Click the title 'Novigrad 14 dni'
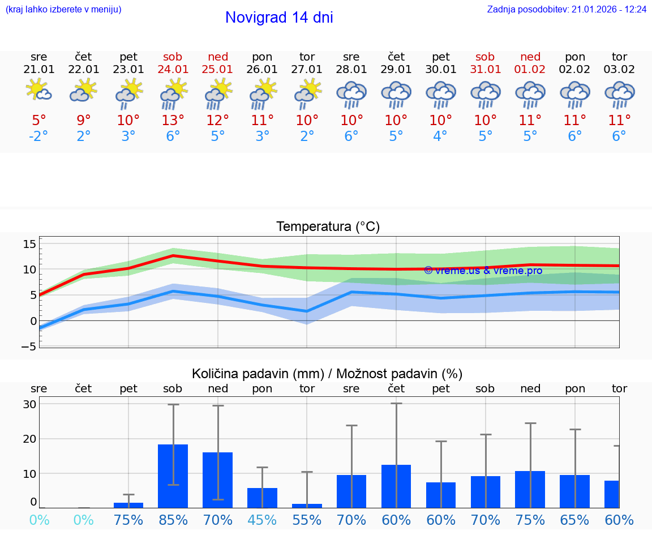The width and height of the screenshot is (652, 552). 279,18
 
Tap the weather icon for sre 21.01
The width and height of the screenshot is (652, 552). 39,91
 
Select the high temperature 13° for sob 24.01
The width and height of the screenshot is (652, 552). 173,120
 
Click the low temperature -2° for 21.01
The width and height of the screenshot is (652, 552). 39,136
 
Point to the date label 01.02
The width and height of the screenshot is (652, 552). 530,70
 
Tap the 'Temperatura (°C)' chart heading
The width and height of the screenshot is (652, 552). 328,227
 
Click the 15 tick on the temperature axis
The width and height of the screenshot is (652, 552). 29,244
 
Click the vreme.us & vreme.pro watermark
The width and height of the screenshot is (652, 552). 483,271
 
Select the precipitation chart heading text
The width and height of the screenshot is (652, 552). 327,374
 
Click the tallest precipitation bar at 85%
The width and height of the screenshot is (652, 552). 173,476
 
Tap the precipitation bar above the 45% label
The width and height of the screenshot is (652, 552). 262,498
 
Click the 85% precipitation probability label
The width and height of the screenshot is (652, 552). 173,520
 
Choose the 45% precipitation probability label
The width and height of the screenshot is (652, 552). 262,520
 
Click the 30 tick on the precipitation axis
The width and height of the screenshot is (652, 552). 29,404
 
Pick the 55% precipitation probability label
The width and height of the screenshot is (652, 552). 307,520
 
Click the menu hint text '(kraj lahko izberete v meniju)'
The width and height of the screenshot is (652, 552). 63,10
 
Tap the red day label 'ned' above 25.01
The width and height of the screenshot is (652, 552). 218,57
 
